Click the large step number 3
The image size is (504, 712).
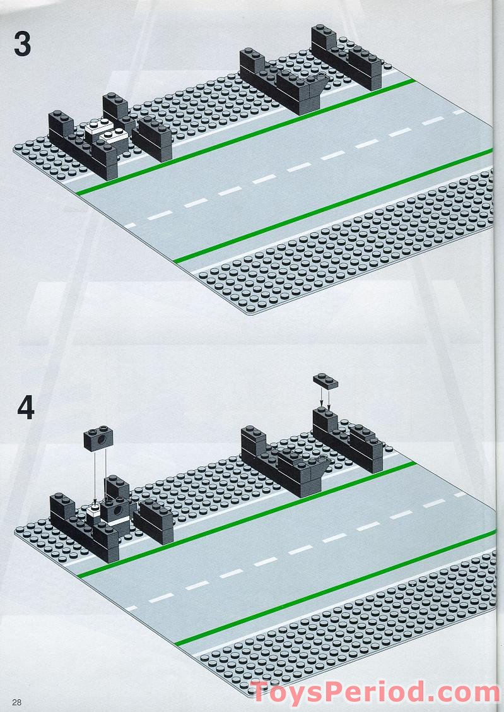click(22, 44)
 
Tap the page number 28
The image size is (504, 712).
click(17, 702)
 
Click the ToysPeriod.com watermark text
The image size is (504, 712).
click(375, 692)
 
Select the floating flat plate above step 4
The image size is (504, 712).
click(325, 381)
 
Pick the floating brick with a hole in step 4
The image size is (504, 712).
click(98, 438)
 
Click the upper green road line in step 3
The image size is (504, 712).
click(245, 137)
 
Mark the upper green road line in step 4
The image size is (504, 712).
click(247, 519)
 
